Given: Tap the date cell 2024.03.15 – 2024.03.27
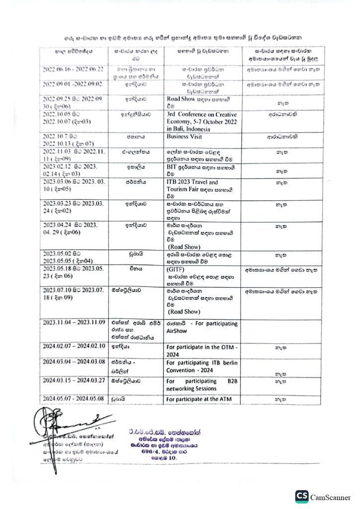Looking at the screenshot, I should (x=74, y=381).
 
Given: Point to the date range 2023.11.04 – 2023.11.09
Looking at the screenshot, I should (x=74, y=323).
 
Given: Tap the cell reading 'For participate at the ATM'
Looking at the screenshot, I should (x=199, y=399).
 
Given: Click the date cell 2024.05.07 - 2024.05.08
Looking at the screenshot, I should (x=74, y=399).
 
